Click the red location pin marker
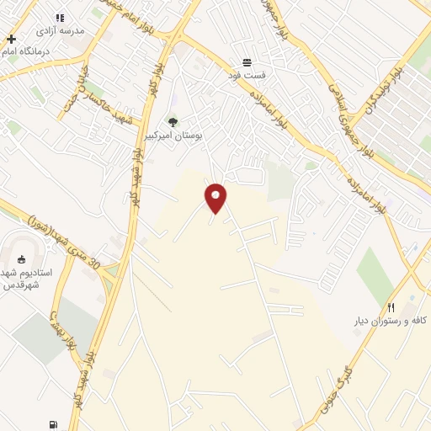216,196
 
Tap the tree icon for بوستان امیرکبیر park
173,122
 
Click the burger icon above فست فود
247,62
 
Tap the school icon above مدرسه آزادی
60,18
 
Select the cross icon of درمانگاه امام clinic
11,39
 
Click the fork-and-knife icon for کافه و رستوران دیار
391,308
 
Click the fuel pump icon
55,425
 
